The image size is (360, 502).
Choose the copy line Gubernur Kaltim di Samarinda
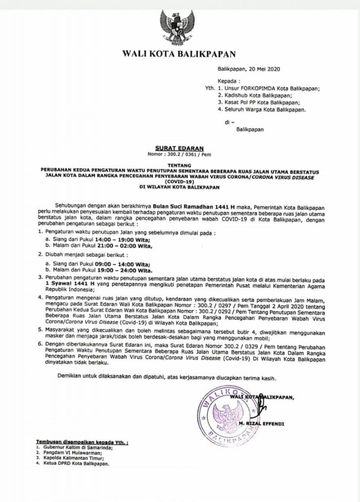click(x=75, y=448)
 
